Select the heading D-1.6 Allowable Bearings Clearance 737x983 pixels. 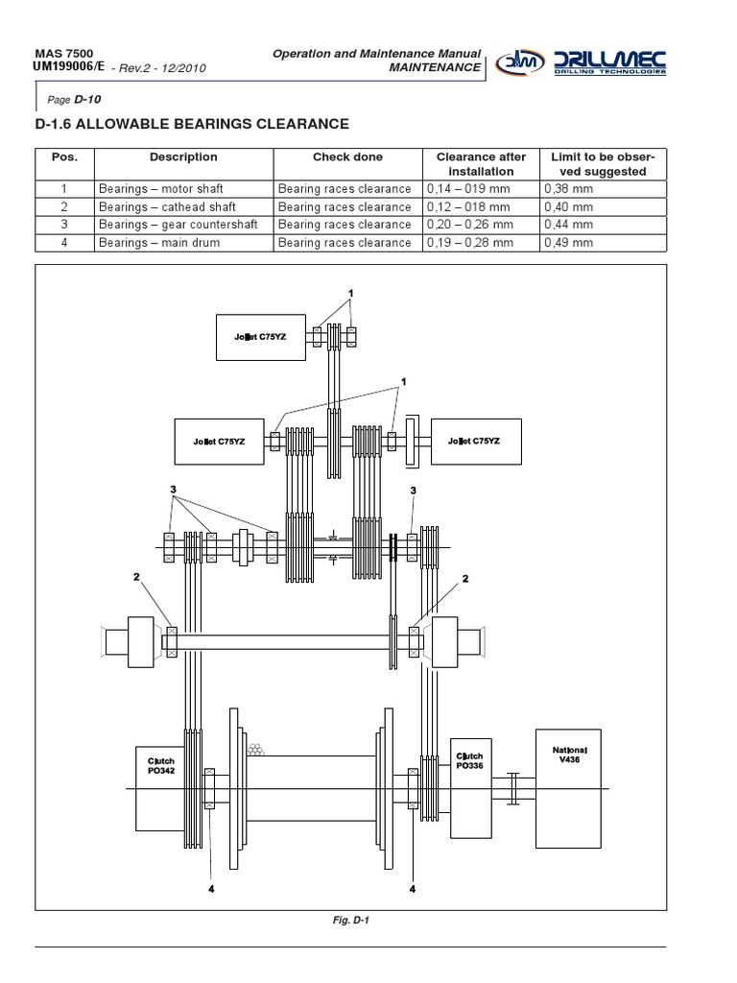[x=191, y=124]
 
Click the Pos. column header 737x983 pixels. [x=64, y=157]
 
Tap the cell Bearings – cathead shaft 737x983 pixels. [x=167, y=207]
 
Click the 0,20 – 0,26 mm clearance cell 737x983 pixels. [x=470, y=225]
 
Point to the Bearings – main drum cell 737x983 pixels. [x=159, y=243]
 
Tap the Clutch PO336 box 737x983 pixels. [x=469, y=777]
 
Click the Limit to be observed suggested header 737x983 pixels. [x=603, y=164]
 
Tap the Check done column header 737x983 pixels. [x=347, y=157]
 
